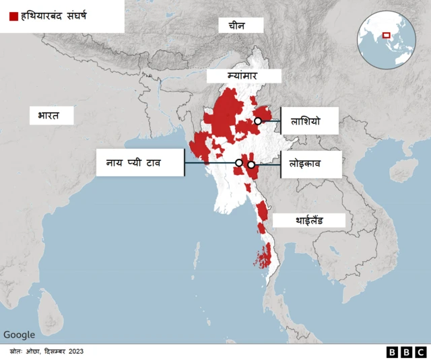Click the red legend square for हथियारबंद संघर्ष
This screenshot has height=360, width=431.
click(13, 15)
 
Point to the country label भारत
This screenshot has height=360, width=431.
click(44, 116)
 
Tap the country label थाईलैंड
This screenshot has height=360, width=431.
click(309, 220)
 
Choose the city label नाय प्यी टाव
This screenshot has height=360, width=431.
click(139, 162)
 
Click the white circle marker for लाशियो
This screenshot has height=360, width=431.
click(258, 121)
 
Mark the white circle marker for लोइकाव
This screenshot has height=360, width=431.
click(251, 165)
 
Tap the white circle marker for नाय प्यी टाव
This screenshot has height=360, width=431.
click(238, 163)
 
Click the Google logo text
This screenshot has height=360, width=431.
click(19, 334)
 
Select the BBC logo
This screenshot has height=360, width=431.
click(406, 352)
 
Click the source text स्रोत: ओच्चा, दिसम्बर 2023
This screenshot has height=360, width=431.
click(46, 351)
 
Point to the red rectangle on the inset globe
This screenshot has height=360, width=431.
click(386, 35)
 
